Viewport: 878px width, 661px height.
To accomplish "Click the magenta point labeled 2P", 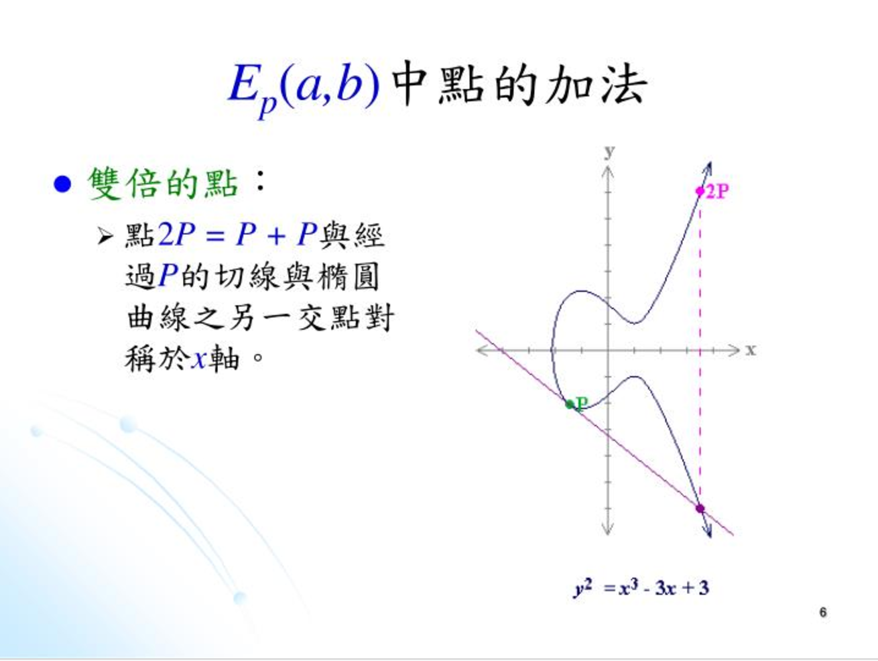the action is (x=700, y=191).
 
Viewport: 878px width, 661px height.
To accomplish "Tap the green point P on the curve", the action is (x=570, y=404).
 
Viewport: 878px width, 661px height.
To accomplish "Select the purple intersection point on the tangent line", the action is (x=700, y=509).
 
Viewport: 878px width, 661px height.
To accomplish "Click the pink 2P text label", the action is (x=718, y=192).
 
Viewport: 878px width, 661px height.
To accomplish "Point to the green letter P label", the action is (x=582, y=404).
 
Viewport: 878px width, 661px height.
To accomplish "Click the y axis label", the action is (x=609, y=152).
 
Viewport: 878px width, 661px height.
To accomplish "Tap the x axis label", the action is (x=751, y=350).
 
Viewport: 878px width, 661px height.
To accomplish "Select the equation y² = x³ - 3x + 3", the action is (x=641, y=589).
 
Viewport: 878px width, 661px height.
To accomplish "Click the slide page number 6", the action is (x=823, y=612).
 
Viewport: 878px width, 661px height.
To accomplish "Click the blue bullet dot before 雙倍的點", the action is (x=62, y=184).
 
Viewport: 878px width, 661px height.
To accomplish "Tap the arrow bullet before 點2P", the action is (x=105, y=236).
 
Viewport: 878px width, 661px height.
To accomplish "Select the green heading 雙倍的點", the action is (x=163, y=184).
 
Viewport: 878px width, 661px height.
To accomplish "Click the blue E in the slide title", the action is (x=243, y=84).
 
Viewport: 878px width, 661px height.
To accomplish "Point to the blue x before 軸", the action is (x=199, y=359).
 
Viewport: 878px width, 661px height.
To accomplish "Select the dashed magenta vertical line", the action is (x=700, y=350).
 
